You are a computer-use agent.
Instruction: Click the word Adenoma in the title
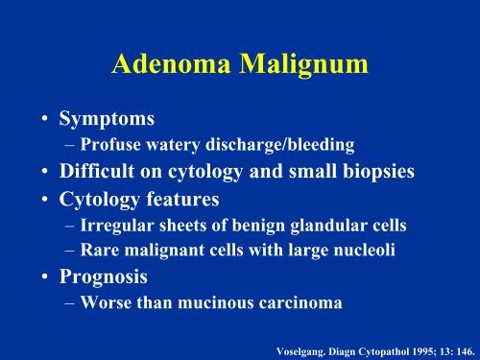(x=171, y=63)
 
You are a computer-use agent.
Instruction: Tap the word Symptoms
(x=107, y=119)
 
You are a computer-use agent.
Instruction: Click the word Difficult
(x=97, y=171)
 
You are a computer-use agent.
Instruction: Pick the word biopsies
(x=379, y=172)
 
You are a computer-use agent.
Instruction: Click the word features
(x=183, y=199)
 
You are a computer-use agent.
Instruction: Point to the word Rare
(x=100, y=250)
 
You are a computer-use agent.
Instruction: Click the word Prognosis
(x=104, y=276)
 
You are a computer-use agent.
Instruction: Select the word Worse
(x=106, y=302)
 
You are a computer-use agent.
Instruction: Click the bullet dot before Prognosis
(x=45, y=276)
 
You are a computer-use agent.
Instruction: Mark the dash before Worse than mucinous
(x=70, y=303)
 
